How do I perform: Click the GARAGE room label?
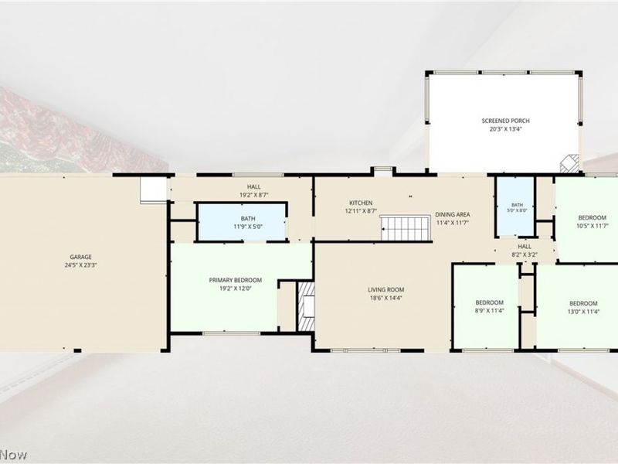pyautogui.click(x=81, y=257)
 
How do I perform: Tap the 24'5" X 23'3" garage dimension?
pyautogui.click(x=81, y=265)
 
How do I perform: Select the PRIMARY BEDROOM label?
pyautogui.click(x=236, y=280)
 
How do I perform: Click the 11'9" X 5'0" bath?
pyautogui.click(x=242, y=222)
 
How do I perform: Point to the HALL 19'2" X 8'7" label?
pyautogui.click(x=254, y=191)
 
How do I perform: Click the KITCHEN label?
pyautogui.click(x=361, y=203)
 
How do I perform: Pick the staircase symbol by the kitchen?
pyautogui.click(x=406, y=228)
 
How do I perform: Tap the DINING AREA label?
pyautogui.click(x=453, y=215)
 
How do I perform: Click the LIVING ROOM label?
pyautogui.click(x=385, y=290)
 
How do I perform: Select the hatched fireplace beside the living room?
pyautogui.click(x=306, y=305)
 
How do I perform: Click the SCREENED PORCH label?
pyautogui.click(x=506, y=121)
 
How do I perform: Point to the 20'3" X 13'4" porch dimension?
pyautogui.click(x=506, y=128)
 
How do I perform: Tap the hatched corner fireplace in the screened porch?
pyautogui.click(x=570, y=163)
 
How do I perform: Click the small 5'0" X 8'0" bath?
pyautogui.click(x=515, y=206)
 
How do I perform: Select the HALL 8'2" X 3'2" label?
pyautogui.click(x=525, y=251)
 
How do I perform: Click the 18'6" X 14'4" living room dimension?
pyautogui.click(x=385, y=299)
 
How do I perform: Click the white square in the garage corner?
pyautogui.click(x=153, y=189)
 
